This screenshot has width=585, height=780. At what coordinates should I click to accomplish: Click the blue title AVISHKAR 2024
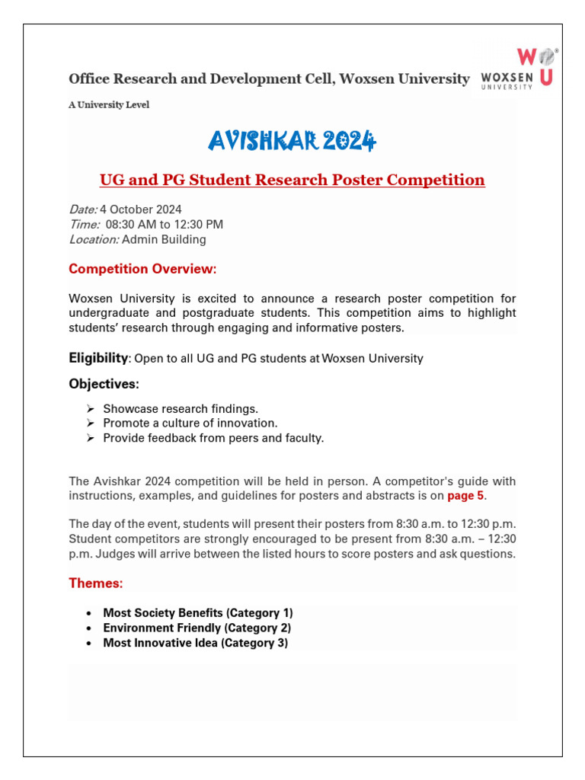292,140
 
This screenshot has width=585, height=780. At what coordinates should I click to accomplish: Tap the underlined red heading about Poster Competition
292,181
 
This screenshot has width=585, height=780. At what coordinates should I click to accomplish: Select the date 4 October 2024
141,209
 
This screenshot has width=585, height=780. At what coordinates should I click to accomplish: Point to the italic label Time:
85,225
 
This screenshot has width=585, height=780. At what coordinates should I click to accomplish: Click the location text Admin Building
164,240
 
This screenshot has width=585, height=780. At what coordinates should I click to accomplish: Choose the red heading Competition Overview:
142,269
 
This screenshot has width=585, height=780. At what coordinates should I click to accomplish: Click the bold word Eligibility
98,358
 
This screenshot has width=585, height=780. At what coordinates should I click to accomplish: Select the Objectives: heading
104,383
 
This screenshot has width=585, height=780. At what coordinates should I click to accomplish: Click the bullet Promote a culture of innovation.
190,423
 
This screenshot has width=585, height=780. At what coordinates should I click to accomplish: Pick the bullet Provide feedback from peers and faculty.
213,438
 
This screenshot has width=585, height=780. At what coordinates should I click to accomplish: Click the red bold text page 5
465,496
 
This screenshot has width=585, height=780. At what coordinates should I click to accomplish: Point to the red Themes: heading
96,583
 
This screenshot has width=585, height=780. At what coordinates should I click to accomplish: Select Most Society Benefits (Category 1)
198,613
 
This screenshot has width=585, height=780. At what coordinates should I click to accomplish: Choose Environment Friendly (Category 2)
197,628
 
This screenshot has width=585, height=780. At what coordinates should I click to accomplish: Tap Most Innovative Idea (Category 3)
195,643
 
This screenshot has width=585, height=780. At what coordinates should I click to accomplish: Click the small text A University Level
109,105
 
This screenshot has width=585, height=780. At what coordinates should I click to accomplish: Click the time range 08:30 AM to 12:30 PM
165,225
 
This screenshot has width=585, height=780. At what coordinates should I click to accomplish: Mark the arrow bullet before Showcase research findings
91,409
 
